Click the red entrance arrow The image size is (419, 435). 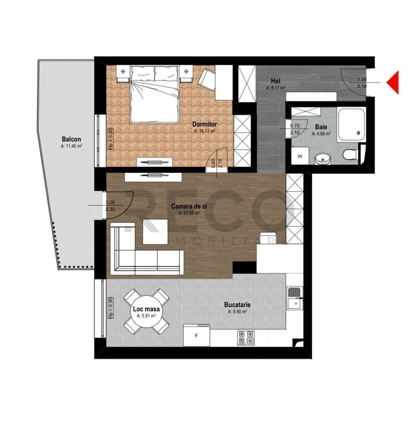(394, 82)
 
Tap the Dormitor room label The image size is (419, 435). (204, 124)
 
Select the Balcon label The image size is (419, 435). (71, 139)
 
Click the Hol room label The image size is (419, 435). (275, 81)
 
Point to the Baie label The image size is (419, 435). (321, 127)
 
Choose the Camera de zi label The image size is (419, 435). (189, 206)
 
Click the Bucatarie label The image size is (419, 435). (237, 305)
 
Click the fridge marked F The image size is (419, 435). (196, 336)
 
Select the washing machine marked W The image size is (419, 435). (300, 156)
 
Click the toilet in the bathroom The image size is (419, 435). (350, 155)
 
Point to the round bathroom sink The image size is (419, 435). (323, 159)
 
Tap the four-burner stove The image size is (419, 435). (246, 338)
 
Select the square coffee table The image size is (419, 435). (156, 232)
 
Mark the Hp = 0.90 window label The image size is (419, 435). (110, 308)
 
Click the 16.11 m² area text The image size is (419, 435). (204, 131)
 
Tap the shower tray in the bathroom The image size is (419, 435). (351, 124)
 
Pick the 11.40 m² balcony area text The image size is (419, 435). (71, 146)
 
